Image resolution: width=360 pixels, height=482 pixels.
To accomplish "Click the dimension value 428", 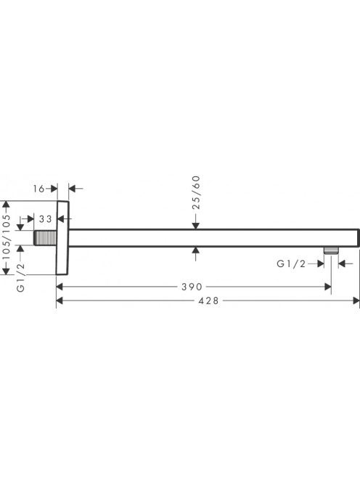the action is click(x=208, y=301).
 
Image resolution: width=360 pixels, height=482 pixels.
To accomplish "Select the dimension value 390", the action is click(x=192, y=287).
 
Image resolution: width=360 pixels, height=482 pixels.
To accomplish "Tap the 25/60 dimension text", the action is click(x=196, y=192).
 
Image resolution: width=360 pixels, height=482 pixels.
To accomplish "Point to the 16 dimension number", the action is click(x=39, y=189).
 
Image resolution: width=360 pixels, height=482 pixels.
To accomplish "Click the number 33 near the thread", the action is click(x=46, y=219).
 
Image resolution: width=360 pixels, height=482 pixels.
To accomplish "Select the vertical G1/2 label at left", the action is click(x=20, y=277).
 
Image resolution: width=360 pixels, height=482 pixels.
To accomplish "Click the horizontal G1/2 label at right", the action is click(x=292, y=264).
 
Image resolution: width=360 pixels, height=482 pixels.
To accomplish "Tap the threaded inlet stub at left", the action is click(x=45, y=237).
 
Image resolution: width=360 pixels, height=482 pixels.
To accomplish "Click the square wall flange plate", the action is click(x=62, y=237).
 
